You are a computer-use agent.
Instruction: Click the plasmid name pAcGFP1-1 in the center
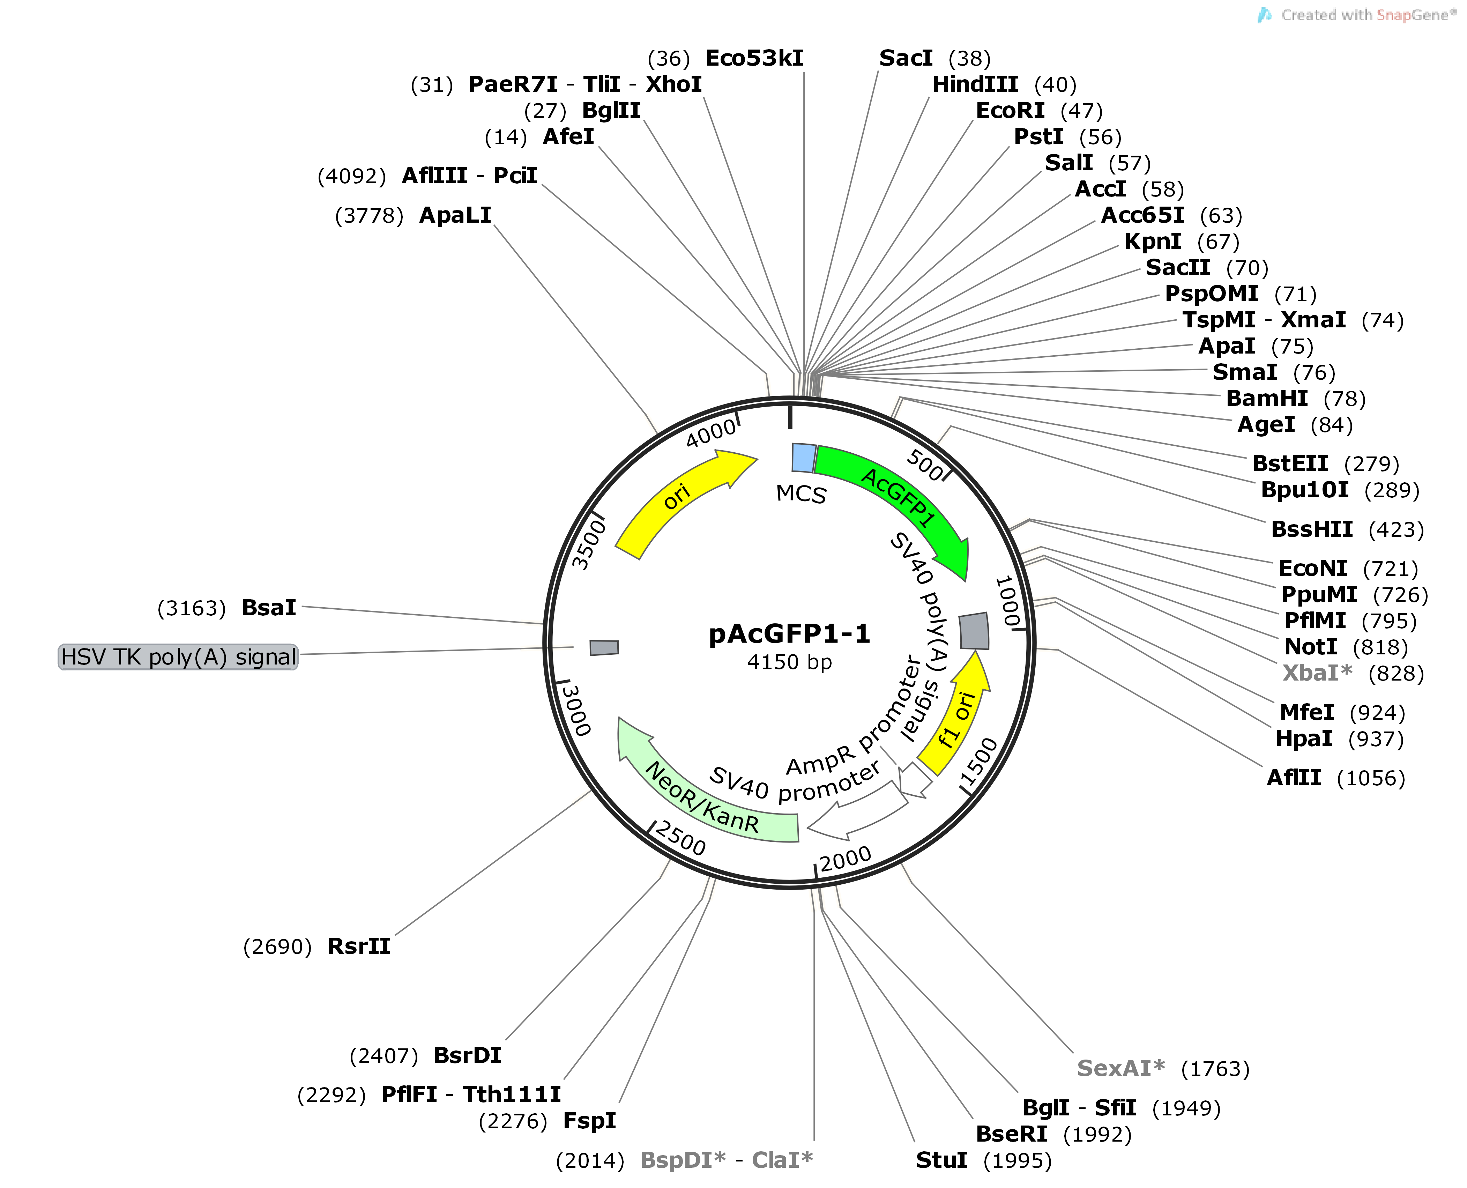[x=790, y=634]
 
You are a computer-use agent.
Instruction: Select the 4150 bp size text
[x=790, y=662]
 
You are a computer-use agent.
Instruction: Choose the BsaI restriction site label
[x=269, y=608]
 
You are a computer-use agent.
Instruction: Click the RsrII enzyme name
[x=359, y=946]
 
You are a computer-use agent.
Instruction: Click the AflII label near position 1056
[x=1294, y=778]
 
